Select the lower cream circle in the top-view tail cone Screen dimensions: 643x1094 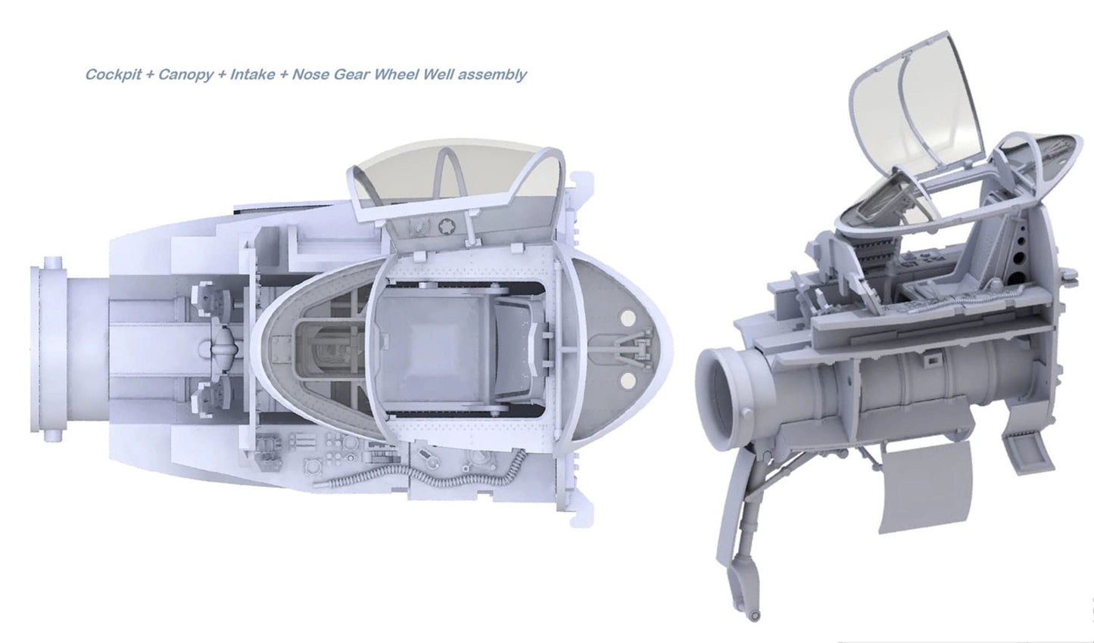click(x=626, y=379)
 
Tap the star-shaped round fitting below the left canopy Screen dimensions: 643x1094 click(x=445, y=225)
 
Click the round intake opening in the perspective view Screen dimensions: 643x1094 click(x=723, y=393)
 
